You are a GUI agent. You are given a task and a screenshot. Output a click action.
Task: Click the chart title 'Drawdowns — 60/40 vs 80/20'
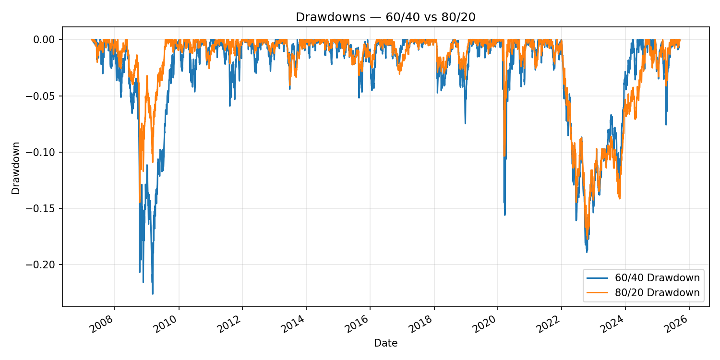(385, 17)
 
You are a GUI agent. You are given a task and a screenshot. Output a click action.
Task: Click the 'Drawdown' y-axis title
(16, 168)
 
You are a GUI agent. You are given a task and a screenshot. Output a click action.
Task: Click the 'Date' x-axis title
(385, 343)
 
